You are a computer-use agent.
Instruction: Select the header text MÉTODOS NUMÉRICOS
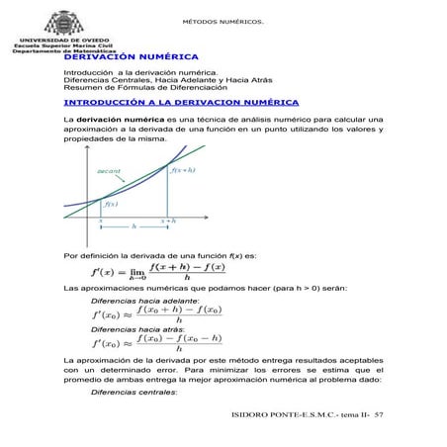coord(223,22)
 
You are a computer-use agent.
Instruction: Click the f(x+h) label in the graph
coord(184,171)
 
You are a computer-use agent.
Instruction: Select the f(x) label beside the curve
coord(112,205)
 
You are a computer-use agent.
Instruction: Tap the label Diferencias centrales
coord(134,392)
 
